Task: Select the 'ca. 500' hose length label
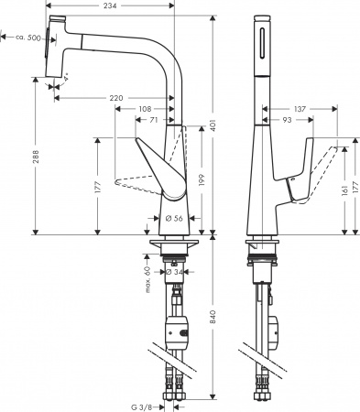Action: pos(25,38)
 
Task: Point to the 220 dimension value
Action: pos(115,96)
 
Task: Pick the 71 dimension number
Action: pos(157,120)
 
